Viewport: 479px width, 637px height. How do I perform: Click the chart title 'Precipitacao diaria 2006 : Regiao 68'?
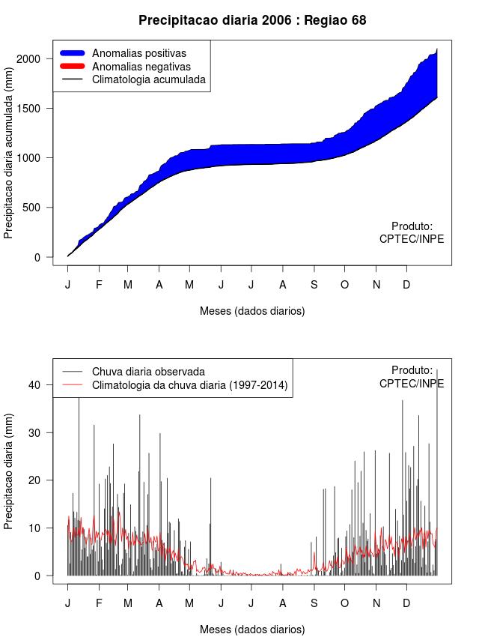(x=252, y=20)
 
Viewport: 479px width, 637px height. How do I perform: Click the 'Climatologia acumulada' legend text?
(x=148, y=79)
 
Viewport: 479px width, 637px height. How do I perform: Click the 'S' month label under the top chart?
(x=314, y=285)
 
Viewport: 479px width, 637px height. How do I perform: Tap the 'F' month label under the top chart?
(x=98, y=285)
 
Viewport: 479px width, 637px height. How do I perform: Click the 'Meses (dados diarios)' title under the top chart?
(x=252, y=310)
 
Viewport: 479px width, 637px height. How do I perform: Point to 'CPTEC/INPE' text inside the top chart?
(x=411, y=239)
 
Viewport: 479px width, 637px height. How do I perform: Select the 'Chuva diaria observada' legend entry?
(x=147, y=371)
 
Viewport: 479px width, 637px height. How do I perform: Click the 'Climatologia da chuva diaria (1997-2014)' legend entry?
(x=189, y=385)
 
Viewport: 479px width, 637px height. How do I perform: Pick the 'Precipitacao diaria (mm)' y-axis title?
(x=9, y=471)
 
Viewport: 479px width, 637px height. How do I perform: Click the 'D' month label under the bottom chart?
(x=406, y=603)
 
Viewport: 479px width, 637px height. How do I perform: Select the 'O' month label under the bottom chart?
(x=345, y=603)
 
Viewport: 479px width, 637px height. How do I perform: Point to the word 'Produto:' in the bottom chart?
(x=412, y=370)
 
